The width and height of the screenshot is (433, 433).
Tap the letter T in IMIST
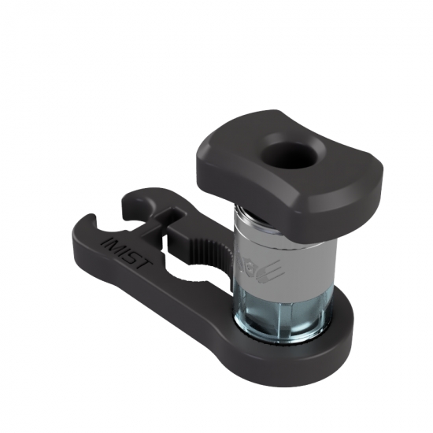tap(144, 264)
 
